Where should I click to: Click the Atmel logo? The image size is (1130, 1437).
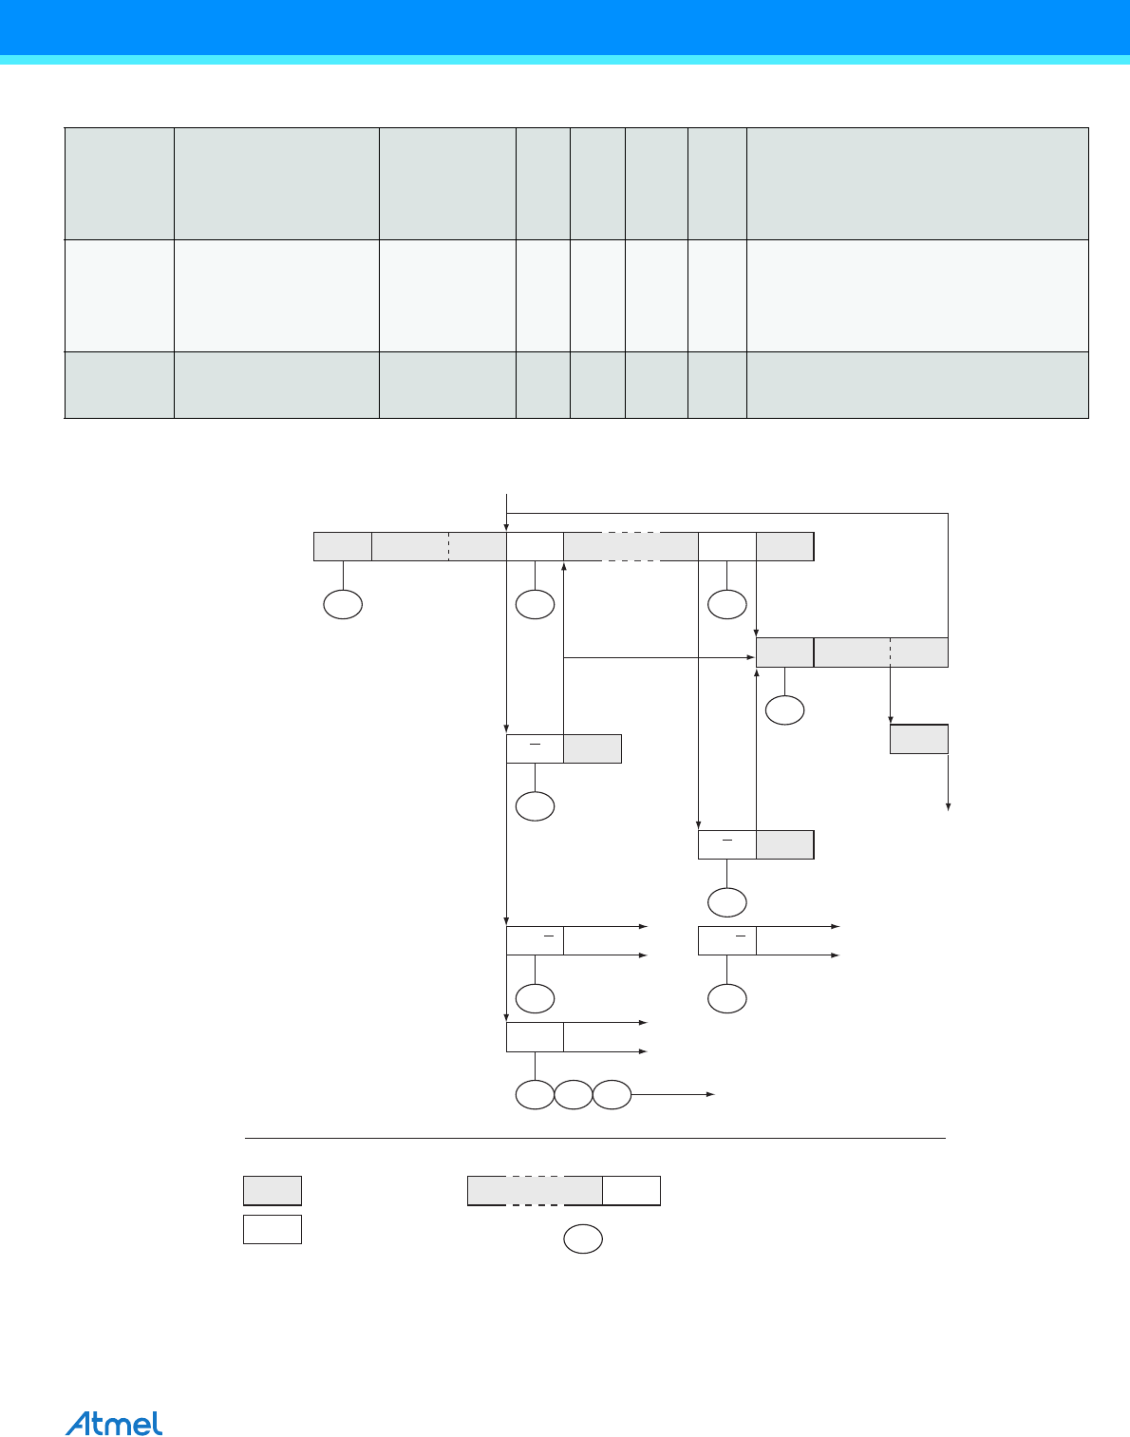click(x=114, y=1422)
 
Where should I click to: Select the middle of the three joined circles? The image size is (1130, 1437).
click(x=574, y=1095)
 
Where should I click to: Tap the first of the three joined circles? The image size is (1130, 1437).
click(x=535, y=1095)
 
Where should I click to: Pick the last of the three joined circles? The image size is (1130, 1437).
click(x=612, y=1095)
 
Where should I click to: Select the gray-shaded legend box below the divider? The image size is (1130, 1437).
click(x=273, y=1190)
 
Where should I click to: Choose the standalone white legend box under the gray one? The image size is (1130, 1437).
click(x=273, y=1229)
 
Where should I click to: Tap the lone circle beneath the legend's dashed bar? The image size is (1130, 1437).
click(x=583, y=1239)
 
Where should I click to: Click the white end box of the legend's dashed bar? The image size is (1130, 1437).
click(x=631, y=1190)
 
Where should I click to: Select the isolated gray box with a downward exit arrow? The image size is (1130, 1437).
click(x=919, y=739)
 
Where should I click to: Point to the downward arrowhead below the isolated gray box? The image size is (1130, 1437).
click(x=948, y=807)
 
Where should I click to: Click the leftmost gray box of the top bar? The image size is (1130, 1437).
click(x=343, y=546)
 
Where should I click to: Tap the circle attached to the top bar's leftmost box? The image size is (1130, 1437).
click(x=343, y=605)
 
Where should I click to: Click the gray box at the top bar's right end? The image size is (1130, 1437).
click(x=784, y=546)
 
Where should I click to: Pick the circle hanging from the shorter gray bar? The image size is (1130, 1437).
click(x=785, y=710)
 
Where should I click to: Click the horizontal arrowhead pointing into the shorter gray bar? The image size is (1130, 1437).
click(x=751, y=657)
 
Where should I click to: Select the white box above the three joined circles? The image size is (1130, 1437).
click(x=535, y=1037)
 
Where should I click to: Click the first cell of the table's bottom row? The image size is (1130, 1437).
click(x=119, y=385)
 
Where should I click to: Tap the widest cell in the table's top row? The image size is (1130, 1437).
click(x=917, y=183)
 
